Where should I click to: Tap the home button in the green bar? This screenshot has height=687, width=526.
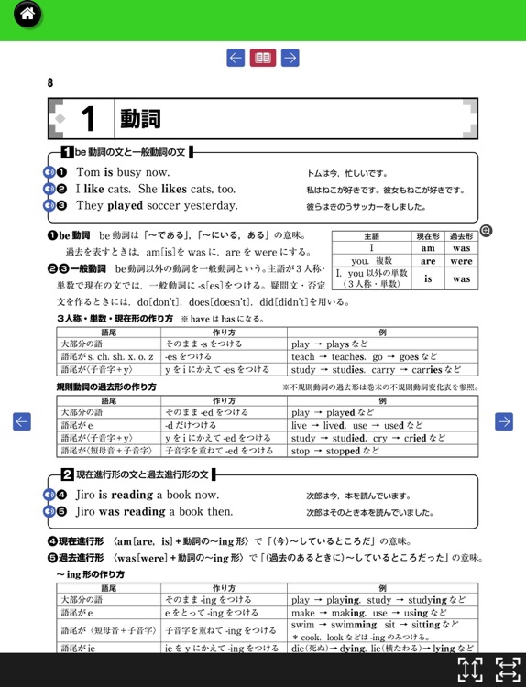click(x=27, y=15)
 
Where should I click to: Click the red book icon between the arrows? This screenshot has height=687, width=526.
click(x=263, y=59)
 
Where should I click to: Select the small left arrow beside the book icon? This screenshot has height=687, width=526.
click(x=236, y=59)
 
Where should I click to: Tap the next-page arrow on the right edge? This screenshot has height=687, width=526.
click(x=503, y=421)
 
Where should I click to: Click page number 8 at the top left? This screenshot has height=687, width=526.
click(x=50, y=83)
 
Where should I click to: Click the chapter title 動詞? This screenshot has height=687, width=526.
click(x=139, y=118)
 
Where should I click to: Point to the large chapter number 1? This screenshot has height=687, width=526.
click(x=88, y=118)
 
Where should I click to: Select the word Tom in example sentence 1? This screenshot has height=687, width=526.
click(x=88, y=172)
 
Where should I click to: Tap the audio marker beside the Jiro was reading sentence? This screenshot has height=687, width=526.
click(x=49, y=512)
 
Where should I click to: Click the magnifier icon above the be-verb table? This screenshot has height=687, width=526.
click(x=486, y=231)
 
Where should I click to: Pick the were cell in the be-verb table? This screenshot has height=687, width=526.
click(x=461, y=261)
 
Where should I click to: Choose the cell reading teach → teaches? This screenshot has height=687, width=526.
click(x=317, y=357)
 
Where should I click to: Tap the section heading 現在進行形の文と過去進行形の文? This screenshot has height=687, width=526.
click(x=142, y=474)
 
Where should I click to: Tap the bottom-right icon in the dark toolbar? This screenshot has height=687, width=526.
click(x=508, y=669)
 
